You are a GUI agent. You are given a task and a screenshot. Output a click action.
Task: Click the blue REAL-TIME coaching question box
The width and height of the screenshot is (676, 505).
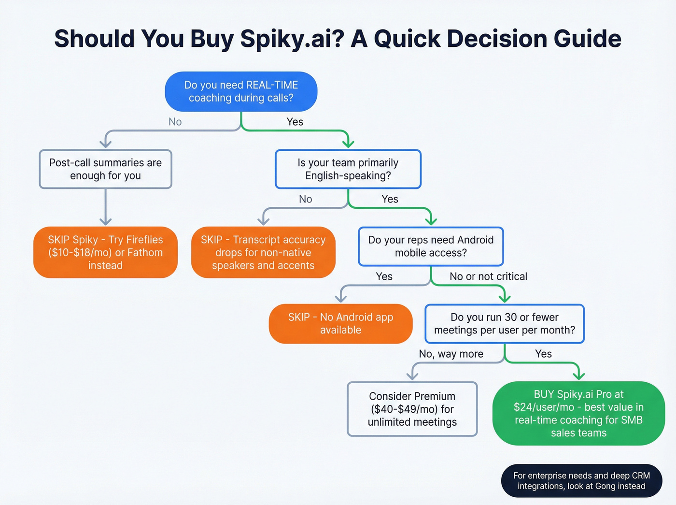[x=241, y=92]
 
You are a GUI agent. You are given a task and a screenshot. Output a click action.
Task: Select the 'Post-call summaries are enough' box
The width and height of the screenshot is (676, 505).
[x=105, y=169]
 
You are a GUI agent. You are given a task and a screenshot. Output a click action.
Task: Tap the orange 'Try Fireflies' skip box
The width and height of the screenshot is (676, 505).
[x=105, y=252]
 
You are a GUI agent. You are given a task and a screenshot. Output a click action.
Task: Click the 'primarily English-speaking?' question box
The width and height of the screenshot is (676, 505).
[x=348, y=169]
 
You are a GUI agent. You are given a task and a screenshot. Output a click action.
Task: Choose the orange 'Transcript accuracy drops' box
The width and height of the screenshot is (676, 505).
[x=263, y=252]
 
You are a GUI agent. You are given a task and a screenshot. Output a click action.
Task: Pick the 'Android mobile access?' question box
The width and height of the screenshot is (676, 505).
[x=431, y=246]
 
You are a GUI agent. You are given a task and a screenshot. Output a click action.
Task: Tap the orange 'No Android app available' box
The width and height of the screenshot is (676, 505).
[x=340, y=324]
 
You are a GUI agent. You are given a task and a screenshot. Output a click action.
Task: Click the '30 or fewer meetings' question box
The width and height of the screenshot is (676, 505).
[x=504, y=324]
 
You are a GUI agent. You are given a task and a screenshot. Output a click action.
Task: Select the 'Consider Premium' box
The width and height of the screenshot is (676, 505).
[x=412, y=409]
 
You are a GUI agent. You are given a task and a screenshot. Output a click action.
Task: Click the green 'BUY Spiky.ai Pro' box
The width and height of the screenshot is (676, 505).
[x=578, y=413]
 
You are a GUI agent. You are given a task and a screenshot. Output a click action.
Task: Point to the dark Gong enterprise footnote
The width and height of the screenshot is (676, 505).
[x=581, y=481]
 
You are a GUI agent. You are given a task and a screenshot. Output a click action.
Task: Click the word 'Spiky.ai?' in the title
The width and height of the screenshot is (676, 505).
[x=292, y=39]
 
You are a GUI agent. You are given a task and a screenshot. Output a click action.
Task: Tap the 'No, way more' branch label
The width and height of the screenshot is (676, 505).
[x=451, y=354]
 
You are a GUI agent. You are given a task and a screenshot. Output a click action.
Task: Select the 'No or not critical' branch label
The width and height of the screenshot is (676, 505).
[x=488, y=276]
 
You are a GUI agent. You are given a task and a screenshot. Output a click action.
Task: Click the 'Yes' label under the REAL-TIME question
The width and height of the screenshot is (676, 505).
[x=295, y=122]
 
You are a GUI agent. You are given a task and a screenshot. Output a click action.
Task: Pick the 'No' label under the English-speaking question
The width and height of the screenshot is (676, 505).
[x=305, y=199]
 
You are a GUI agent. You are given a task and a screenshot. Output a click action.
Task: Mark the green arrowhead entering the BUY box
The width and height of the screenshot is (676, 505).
[x=578, y=376]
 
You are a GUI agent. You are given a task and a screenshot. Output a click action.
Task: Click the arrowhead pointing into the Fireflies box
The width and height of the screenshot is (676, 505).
[x=105, y=221]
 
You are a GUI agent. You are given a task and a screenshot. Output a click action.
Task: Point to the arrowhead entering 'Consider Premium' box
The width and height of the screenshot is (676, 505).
[x=412, y=376]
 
